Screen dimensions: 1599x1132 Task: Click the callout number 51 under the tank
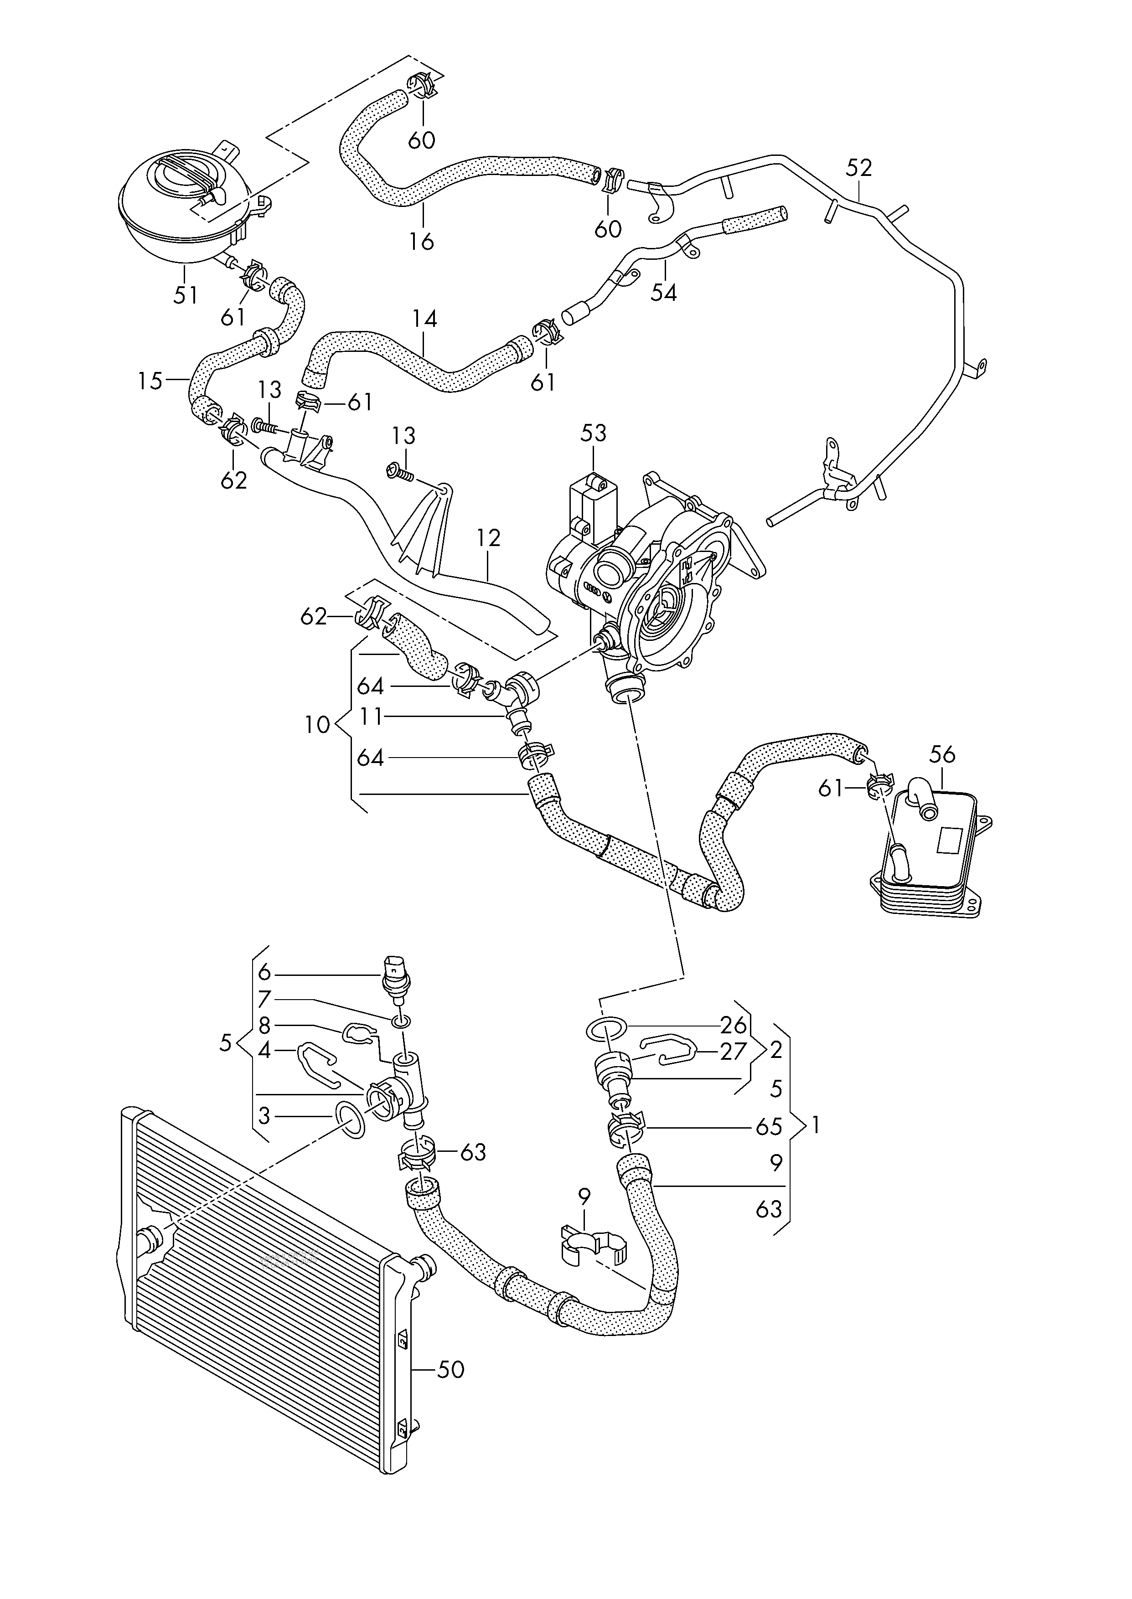point(186,295)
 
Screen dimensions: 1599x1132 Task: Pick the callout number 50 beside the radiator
point(450,1370)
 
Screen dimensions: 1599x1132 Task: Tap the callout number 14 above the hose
point(424,319)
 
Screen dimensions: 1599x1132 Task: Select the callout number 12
point(489,538)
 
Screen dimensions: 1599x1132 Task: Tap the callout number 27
point(733,1052)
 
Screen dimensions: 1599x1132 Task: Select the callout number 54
point(664,293)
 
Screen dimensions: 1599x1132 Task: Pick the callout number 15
point(150,381)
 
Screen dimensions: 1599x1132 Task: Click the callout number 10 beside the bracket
point(317,725)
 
